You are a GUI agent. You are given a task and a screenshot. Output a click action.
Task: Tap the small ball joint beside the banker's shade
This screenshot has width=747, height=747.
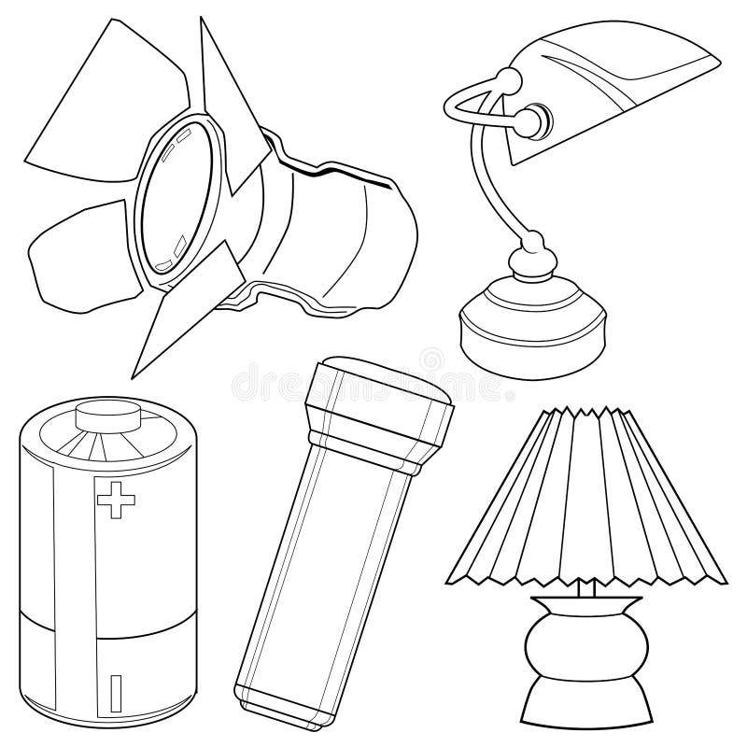click(536, 120)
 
